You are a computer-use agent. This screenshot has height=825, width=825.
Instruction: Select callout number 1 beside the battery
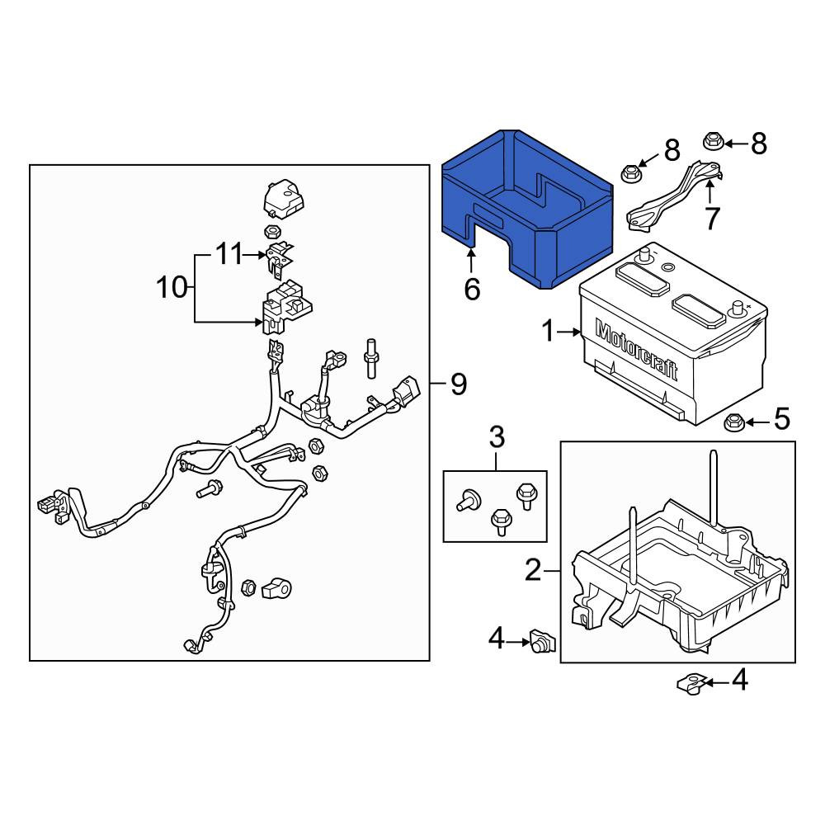549,332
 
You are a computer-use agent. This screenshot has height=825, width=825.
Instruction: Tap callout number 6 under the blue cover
472,289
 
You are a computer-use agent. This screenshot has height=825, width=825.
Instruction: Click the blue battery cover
528,209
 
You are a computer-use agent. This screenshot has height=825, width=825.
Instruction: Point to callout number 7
712,219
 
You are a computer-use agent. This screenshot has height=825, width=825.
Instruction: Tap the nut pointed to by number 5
733,422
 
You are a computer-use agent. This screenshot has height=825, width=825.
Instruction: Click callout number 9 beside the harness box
458,384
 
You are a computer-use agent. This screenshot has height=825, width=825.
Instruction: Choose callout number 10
172,288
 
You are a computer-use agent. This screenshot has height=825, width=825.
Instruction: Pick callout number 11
230,255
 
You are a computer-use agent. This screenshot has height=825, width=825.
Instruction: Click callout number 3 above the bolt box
497,437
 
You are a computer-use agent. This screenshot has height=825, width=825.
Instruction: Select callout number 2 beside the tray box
533,570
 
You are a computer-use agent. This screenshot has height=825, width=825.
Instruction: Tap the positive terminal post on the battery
737,308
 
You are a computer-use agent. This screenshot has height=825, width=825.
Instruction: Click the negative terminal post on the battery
643,257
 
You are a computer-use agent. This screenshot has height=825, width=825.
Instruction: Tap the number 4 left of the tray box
497,639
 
